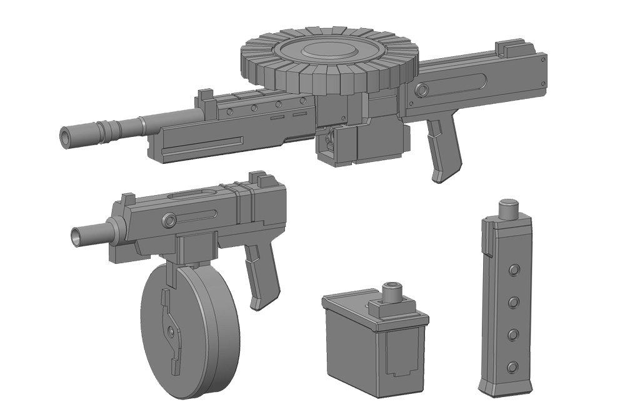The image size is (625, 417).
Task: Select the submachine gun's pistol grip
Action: point(259,275)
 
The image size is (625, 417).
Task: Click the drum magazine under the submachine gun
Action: point(187,328)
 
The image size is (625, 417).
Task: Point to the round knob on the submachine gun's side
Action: point(169,220)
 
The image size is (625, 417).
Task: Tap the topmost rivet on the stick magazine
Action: point(514,269)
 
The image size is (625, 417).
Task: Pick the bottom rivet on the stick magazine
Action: point(512,366)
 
